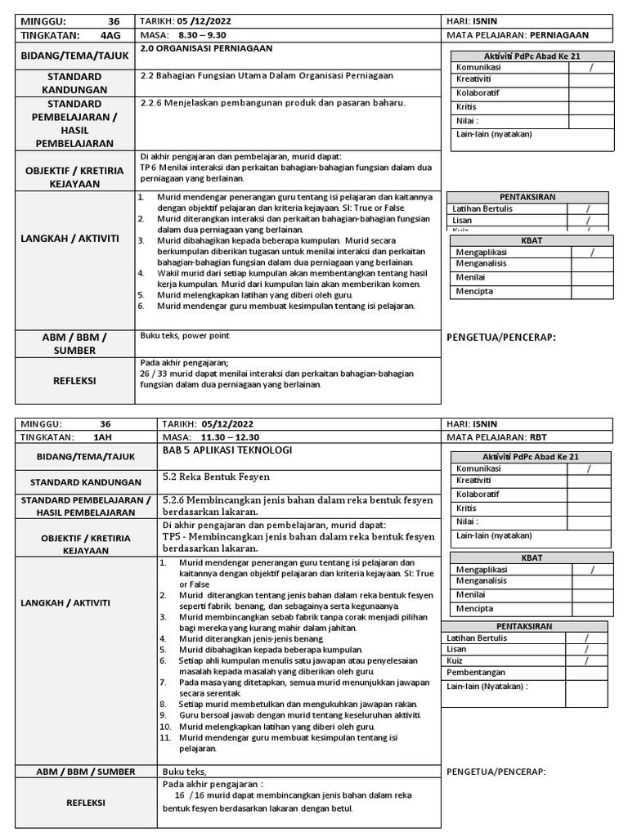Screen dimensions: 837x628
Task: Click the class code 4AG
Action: coord(109,35)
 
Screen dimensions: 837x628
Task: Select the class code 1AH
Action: coord(103,437)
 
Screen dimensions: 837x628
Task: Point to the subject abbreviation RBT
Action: coord(540,437)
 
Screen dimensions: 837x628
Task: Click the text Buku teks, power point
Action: coord(185,335)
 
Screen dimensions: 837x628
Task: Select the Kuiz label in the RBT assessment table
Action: coord(455,660)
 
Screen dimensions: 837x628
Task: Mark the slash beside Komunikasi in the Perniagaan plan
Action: coord(590,67)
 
